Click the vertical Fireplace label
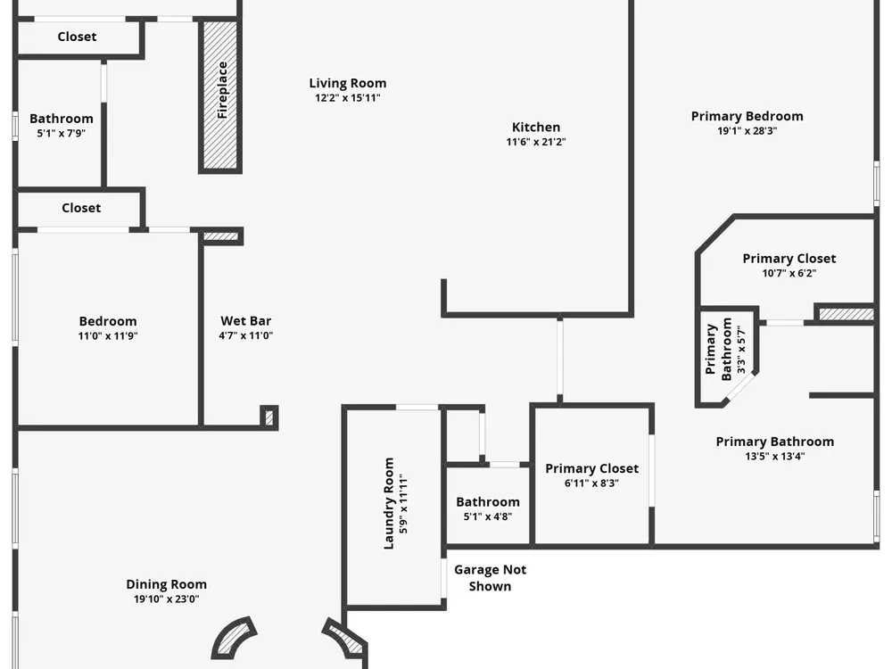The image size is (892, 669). tap(222, 90)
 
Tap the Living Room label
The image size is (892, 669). tap(348, 83)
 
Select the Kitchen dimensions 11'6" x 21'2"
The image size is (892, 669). tap(536, 142)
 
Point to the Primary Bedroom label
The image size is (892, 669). tap(747, 116)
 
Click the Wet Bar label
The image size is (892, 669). tap(246, 321)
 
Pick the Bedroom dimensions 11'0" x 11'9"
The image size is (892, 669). tap(108, 335)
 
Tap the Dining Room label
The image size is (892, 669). tap(166, 584)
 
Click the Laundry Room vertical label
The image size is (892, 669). tap(389, 503)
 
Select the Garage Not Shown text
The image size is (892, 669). tap(490, 577)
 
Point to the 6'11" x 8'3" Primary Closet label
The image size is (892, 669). tap(591, 468)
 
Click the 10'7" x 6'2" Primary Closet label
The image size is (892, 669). tap(789, 259)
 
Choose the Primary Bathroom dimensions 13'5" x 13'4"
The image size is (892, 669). tap(775, 456)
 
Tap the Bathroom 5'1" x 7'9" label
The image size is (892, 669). tap(61, 119)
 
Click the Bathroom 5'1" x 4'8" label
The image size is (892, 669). tap(488, 501)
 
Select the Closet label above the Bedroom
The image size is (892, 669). tap(81, 208)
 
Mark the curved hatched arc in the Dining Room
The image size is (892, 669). tap(233, 637)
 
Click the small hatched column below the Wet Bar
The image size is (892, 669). tap(269, 417)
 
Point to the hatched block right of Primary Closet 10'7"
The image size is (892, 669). tap(846, 313)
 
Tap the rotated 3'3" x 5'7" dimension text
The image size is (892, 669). tap(740, 350)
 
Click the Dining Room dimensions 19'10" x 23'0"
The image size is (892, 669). tap(166, 599)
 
